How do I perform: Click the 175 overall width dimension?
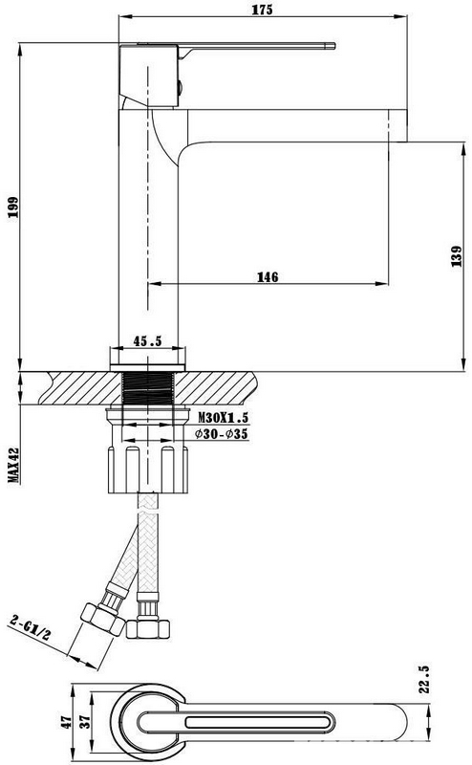pos(263,10)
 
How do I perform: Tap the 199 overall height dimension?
pos(12,207)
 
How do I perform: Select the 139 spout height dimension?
pos(457,256)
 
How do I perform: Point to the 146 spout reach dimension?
pos(268,276)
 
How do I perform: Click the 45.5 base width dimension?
pos(147,340)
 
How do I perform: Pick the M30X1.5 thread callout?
pos(223,417)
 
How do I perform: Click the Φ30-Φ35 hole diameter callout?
pos(222,433)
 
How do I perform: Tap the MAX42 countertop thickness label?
pos(13,466)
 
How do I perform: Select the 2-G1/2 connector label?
pos(31,627)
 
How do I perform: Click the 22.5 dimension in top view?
pos(423,679)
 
